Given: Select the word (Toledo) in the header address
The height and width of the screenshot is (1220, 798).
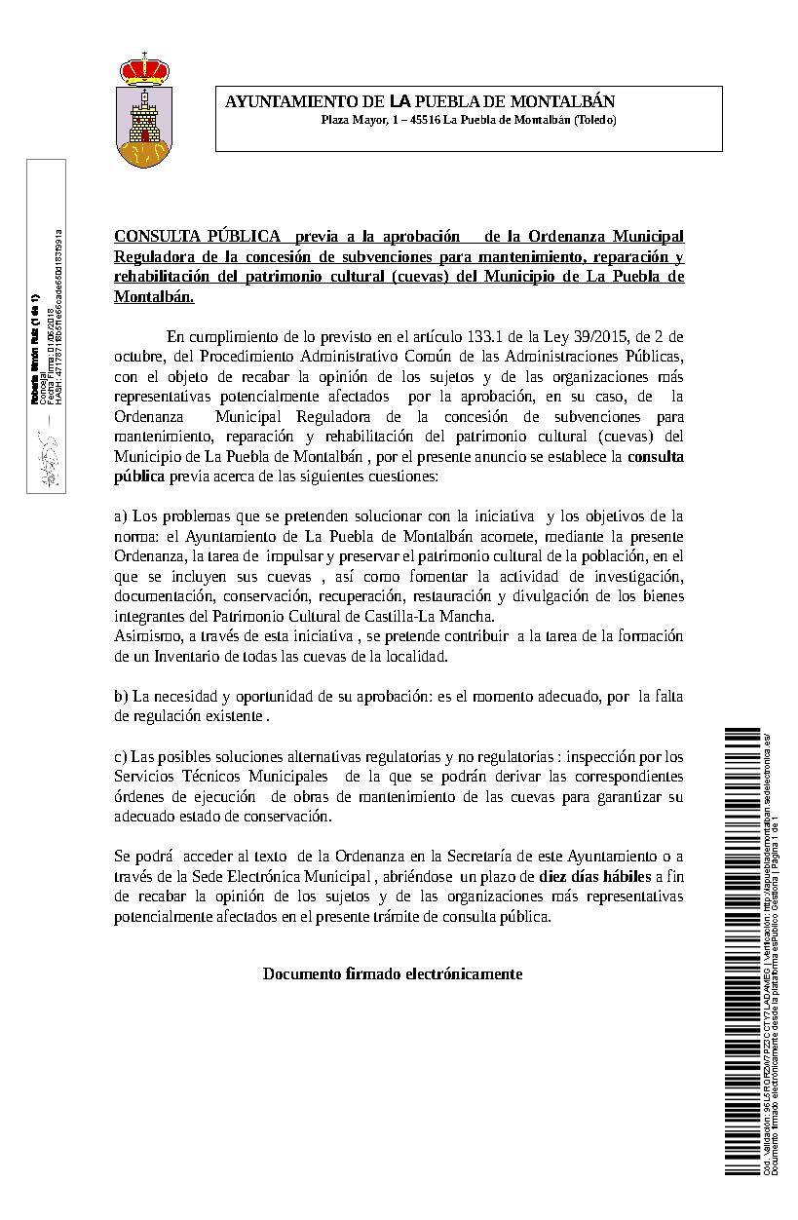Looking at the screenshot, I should pos(594,120).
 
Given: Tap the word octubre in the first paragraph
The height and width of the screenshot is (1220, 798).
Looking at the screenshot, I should pos(138,357).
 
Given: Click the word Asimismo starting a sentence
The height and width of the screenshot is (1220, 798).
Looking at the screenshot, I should pos(146,636).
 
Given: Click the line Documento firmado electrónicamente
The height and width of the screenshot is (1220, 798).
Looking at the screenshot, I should pos(392,973).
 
